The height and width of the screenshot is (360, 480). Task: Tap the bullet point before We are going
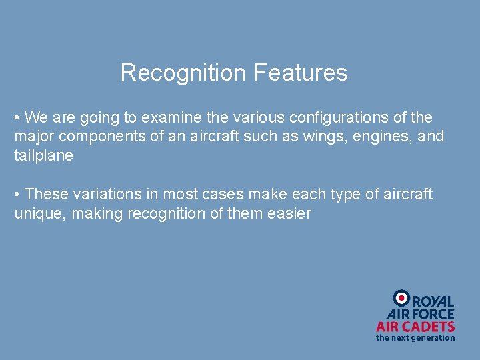click(18, 118)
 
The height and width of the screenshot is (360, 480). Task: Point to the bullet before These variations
click(18, 195)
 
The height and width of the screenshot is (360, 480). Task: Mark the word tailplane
click(43, 156)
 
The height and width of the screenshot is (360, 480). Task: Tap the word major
click(33, 137)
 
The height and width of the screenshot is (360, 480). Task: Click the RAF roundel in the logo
click(401, 298)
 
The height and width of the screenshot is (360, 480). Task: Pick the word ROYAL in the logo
click(433, 302)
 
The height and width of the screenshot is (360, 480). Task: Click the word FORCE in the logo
click(433, 314)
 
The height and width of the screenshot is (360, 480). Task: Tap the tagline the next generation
click(415, 337)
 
